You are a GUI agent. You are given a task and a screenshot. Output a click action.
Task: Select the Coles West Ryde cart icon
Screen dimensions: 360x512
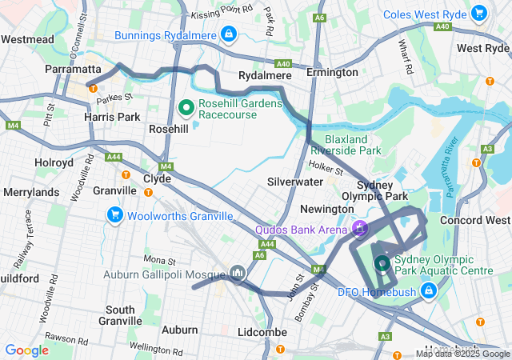pos(478,13)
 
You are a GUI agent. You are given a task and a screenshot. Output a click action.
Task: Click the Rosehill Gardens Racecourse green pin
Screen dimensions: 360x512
pos(186,106)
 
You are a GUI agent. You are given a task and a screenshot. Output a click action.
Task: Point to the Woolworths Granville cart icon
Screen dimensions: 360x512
pos(114,215)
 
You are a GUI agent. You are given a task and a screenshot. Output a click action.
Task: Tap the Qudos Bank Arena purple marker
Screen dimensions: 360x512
pos(360,228)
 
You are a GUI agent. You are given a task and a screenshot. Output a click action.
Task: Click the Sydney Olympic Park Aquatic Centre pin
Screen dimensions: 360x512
pos(382,262)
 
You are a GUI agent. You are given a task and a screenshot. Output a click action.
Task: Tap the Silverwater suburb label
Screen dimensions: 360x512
pos(294,182)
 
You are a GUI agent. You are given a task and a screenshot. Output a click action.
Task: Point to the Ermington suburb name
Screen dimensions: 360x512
pos(332,73)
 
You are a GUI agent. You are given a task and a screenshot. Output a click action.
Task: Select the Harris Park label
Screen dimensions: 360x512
pos(113,117)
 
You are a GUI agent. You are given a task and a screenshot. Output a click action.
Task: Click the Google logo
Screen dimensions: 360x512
pos(27,350)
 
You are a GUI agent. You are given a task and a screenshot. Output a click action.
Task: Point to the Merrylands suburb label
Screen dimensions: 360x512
pos(31,193)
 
